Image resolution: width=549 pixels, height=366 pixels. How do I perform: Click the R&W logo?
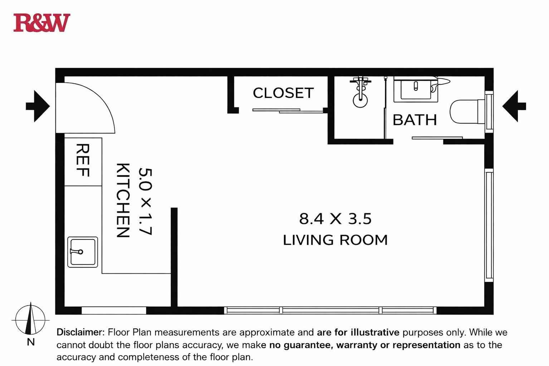click(x=42, y=23)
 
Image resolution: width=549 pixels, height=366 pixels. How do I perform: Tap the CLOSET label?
click(x=283, y=93)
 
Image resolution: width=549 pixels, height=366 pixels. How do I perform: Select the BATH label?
click(x=415, y=120)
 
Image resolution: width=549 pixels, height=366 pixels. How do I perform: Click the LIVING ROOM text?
click(x=335, y=240)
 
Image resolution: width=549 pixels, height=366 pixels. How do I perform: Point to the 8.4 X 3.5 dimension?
click(x=335, y=219)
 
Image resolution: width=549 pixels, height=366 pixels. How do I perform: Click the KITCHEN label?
click(x=122, y=200)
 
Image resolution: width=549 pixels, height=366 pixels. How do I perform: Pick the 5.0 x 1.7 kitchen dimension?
click(x=145, y=201)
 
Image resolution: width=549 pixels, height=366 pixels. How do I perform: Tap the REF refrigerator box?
click(x=83, y=162)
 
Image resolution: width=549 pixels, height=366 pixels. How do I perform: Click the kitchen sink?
click(x=83, y=252)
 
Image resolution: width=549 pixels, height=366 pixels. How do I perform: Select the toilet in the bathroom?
click(x=467, y=112)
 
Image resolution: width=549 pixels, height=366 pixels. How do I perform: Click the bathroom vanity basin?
click(x=416, y=89)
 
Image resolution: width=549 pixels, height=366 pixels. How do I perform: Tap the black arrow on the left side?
click(x=38, y=106)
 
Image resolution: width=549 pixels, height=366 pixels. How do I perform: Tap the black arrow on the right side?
click(x=514, y=106)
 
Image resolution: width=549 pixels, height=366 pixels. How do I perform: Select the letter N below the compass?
click(x=31, y=342)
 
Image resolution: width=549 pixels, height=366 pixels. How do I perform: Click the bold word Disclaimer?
click(x=81, y=332)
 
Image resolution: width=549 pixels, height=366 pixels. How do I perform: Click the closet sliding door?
click(x=288, y=111)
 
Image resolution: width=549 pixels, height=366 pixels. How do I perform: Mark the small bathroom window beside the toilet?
click(x=489, y=112)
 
